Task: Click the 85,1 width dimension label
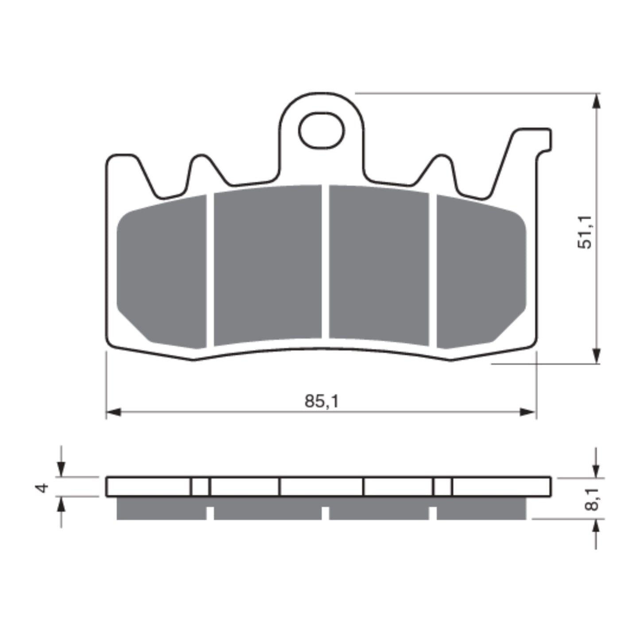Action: click(x=322, y=401)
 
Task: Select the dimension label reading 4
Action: click(x=43, y=488)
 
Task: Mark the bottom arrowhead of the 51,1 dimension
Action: click(x=597, y=355)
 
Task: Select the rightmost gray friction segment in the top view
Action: click(x=481, y=272)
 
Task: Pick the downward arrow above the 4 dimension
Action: click(x=61, y=468)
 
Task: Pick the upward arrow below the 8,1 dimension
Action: click(x=597, y=527)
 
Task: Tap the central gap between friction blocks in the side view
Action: click(x=325, y=513)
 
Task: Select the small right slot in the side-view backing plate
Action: click(x=442, y=487)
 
